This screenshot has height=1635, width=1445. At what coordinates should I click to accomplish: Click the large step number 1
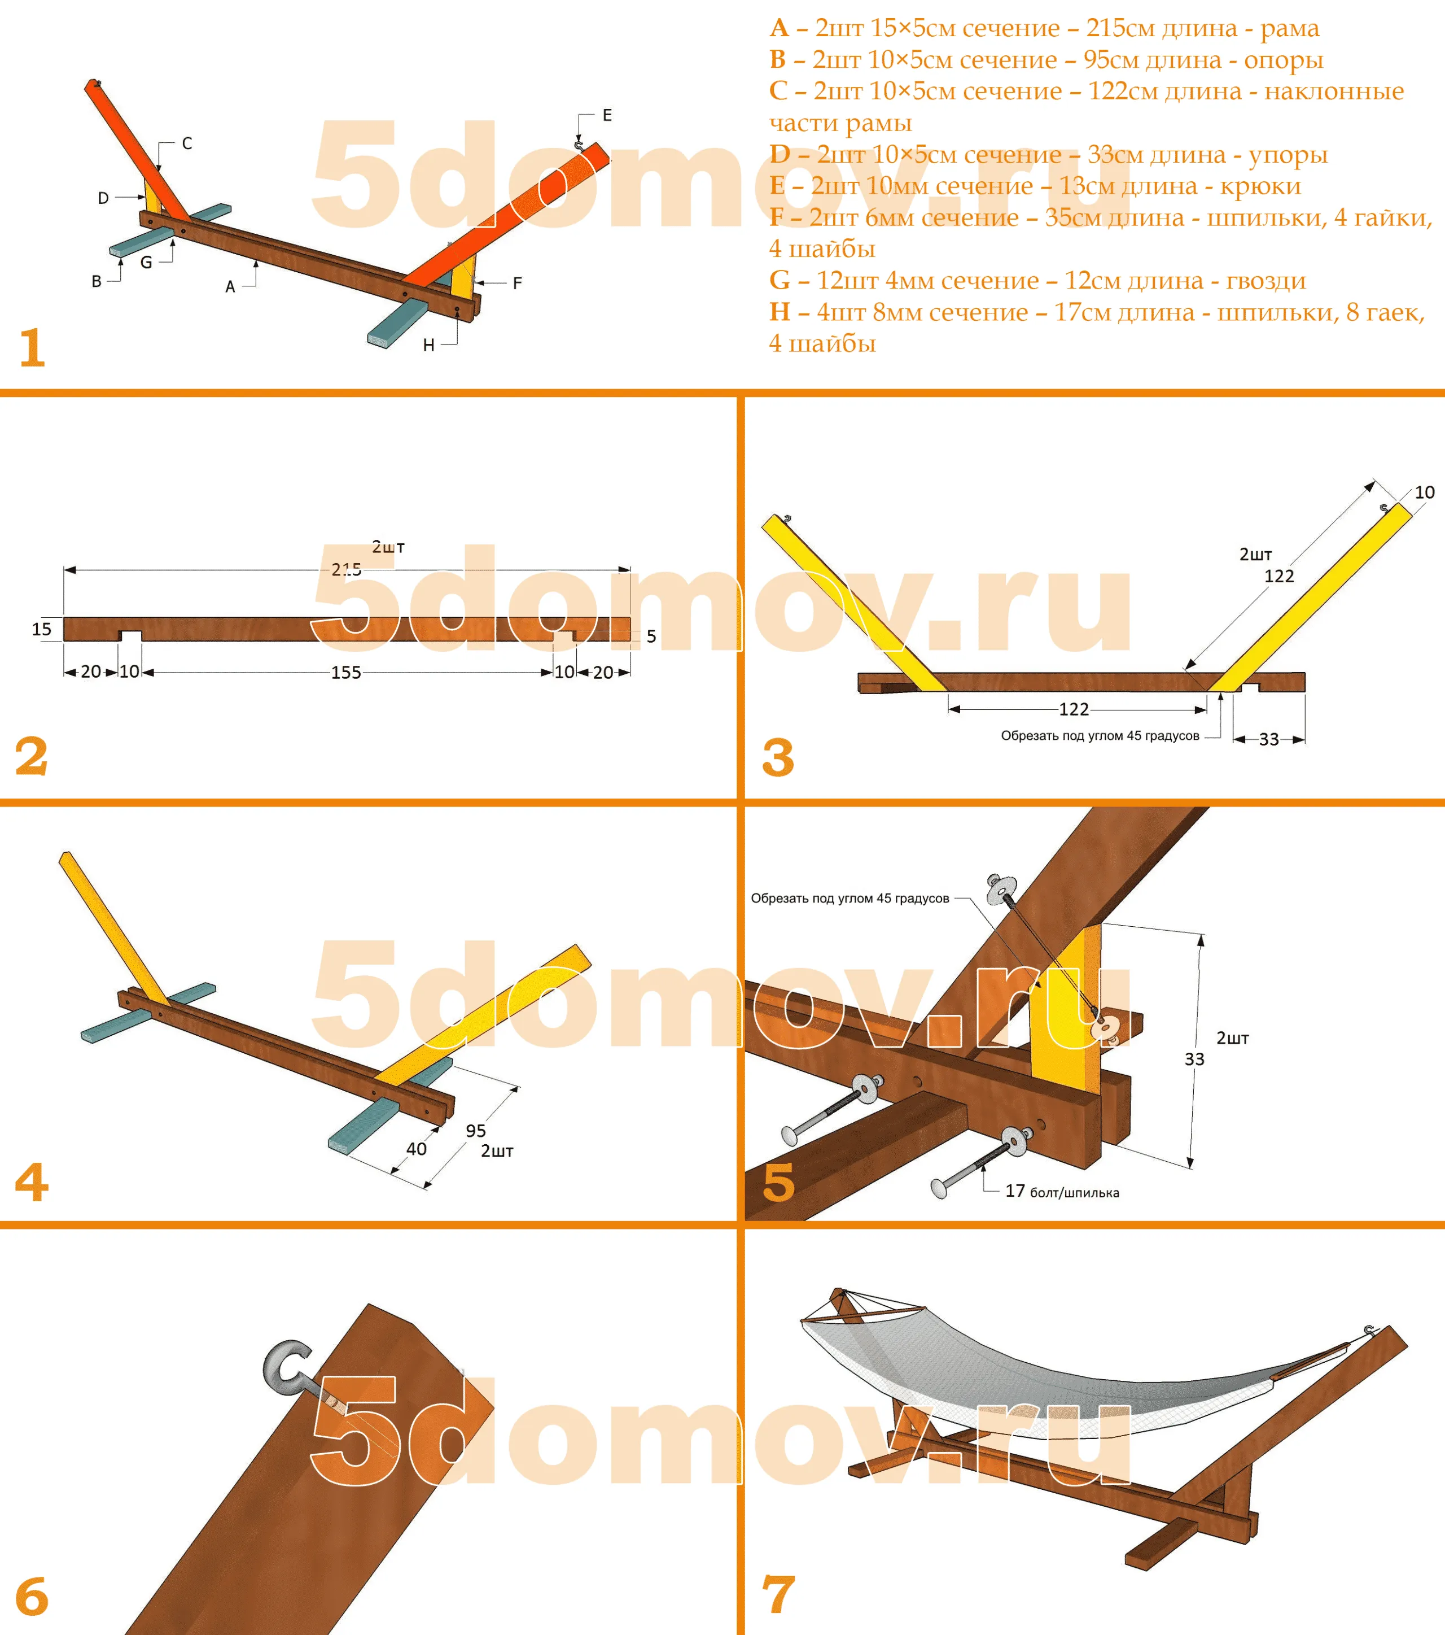33,348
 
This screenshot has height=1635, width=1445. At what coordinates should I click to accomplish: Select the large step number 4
32,1182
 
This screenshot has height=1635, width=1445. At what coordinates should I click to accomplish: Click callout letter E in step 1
607,115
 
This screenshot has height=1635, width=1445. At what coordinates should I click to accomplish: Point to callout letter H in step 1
428,345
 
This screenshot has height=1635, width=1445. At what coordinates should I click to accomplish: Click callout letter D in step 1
103,198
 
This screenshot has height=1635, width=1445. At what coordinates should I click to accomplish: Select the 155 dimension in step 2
346,673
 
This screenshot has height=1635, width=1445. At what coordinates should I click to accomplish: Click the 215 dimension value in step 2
346,569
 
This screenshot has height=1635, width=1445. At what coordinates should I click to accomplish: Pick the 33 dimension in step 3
1269,739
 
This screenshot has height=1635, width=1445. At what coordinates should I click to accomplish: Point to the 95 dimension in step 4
476,1130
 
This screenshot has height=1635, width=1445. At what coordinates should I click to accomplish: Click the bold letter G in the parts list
780,280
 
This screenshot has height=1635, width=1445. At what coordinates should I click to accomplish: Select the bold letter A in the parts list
780,28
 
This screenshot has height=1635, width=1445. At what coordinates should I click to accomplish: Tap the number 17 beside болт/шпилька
1015,1191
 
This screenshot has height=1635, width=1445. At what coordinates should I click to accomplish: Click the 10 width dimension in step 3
1424,492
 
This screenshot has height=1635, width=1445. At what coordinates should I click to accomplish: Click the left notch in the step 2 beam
130,636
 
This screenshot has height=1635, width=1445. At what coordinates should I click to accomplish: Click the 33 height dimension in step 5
1194,1059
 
